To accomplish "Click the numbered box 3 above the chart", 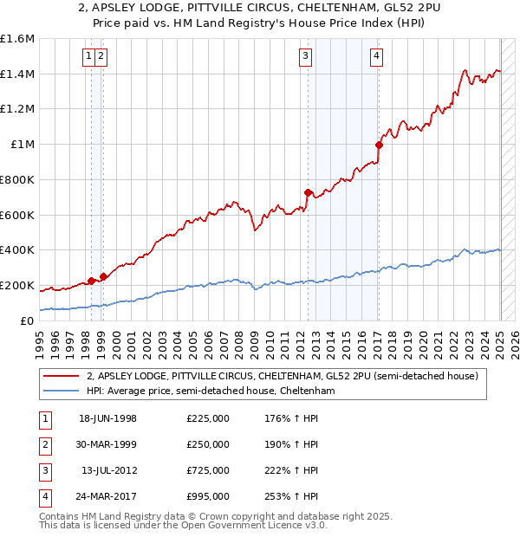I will coord(306,57).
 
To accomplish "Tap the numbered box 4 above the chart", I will coord(377,57).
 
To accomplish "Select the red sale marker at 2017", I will coord(379,145).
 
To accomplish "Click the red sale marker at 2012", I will coord(309,192).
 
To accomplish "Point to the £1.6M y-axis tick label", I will coord(17,39).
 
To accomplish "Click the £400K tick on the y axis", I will coord(17,250).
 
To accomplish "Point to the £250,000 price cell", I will coord(208,444).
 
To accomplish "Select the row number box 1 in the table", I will coord(44,418).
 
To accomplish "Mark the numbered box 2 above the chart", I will coord(101,57).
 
